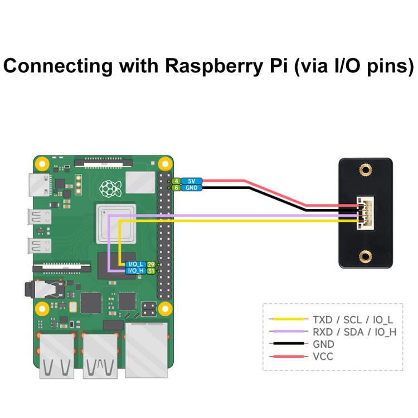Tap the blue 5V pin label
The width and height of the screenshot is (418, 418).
(191, 181)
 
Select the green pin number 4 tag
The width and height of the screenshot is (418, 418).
(176, 181)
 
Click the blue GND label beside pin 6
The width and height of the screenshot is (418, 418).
(191, 188)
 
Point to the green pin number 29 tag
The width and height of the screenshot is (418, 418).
(150, 264)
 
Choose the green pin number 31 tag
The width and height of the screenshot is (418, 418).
(150, 271)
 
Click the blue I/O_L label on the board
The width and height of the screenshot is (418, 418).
(136, 264)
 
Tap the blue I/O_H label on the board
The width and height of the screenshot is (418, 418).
(136, 271)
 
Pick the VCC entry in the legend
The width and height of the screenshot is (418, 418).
(323, 356)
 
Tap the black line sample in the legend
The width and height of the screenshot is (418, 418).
(288, 344)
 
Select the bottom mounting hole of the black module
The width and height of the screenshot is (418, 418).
(366, 256)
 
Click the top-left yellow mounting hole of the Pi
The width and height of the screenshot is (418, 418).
(41, 164)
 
